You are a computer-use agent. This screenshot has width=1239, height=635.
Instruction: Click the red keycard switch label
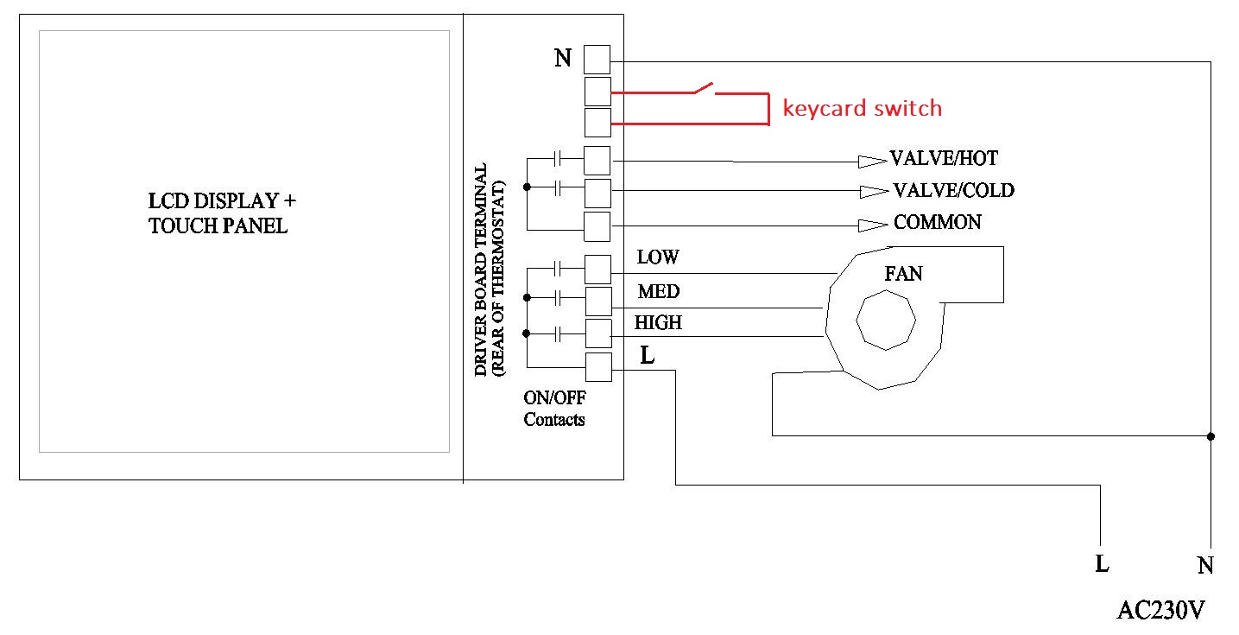pos(862,108)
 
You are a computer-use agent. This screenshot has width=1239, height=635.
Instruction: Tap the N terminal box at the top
pos(597,60)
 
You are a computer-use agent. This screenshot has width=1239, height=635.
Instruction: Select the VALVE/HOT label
pos(944,159)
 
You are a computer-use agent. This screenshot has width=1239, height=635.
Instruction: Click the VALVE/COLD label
pos(953,190)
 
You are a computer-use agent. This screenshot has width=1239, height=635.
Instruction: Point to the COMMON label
pos(937,222)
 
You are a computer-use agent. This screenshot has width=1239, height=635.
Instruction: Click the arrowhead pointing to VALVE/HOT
pos(871,161)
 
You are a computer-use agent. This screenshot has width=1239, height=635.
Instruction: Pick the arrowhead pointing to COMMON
pos(871,225)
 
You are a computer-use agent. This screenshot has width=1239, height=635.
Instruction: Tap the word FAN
pos(903,274)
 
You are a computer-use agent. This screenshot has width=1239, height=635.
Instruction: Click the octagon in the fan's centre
pos(885,320)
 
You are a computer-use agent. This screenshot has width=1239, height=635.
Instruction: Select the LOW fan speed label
pos(658,257)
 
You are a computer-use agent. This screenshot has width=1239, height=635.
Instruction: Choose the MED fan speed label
pos(658,290)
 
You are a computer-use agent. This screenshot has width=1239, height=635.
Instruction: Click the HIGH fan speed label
pos(658,322)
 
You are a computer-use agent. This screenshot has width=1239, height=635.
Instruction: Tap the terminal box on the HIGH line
pos(597,333)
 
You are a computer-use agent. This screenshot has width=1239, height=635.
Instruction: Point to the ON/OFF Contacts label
pos(553,409)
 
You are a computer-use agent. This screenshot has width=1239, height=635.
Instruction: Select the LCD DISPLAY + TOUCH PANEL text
pos(222,213)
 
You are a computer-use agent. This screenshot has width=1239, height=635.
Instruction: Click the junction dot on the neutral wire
pos(1211,436)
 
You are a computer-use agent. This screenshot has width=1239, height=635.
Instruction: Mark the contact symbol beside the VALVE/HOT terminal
pos(558,159)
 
